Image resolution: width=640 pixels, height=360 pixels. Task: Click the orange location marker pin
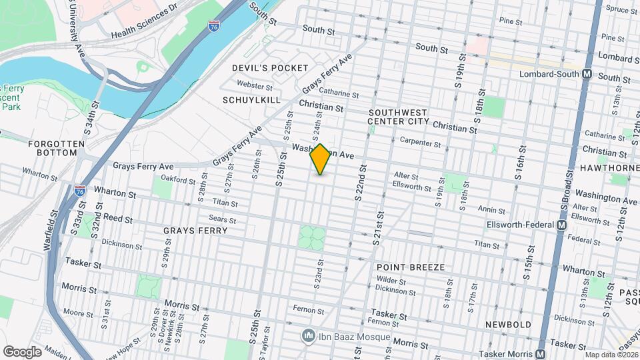pyautogui.click(x=320, y=159)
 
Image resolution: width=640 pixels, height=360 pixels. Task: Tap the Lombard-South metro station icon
pyautogui.click(x=587, y=75)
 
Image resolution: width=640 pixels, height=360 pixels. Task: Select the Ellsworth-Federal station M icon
pyautogui.click(x=562, y=225)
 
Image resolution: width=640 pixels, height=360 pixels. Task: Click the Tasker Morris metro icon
pyautogui.click(x=541, y=353)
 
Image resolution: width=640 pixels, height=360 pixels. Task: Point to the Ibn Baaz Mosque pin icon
pyautogui.click(x=307, y=335)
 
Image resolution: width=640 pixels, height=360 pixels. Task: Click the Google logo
pyautogui.click(x=22, y=351)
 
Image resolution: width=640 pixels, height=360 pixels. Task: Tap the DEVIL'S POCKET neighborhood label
pyautogui.click(x=270, y=68)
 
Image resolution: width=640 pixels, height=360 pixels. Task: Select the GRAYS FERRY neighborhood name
pyautogui.click(x=195, y=231)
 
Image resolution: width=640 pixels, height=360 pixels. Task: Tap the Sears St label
pyautogui.click(x=223, y=220)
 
